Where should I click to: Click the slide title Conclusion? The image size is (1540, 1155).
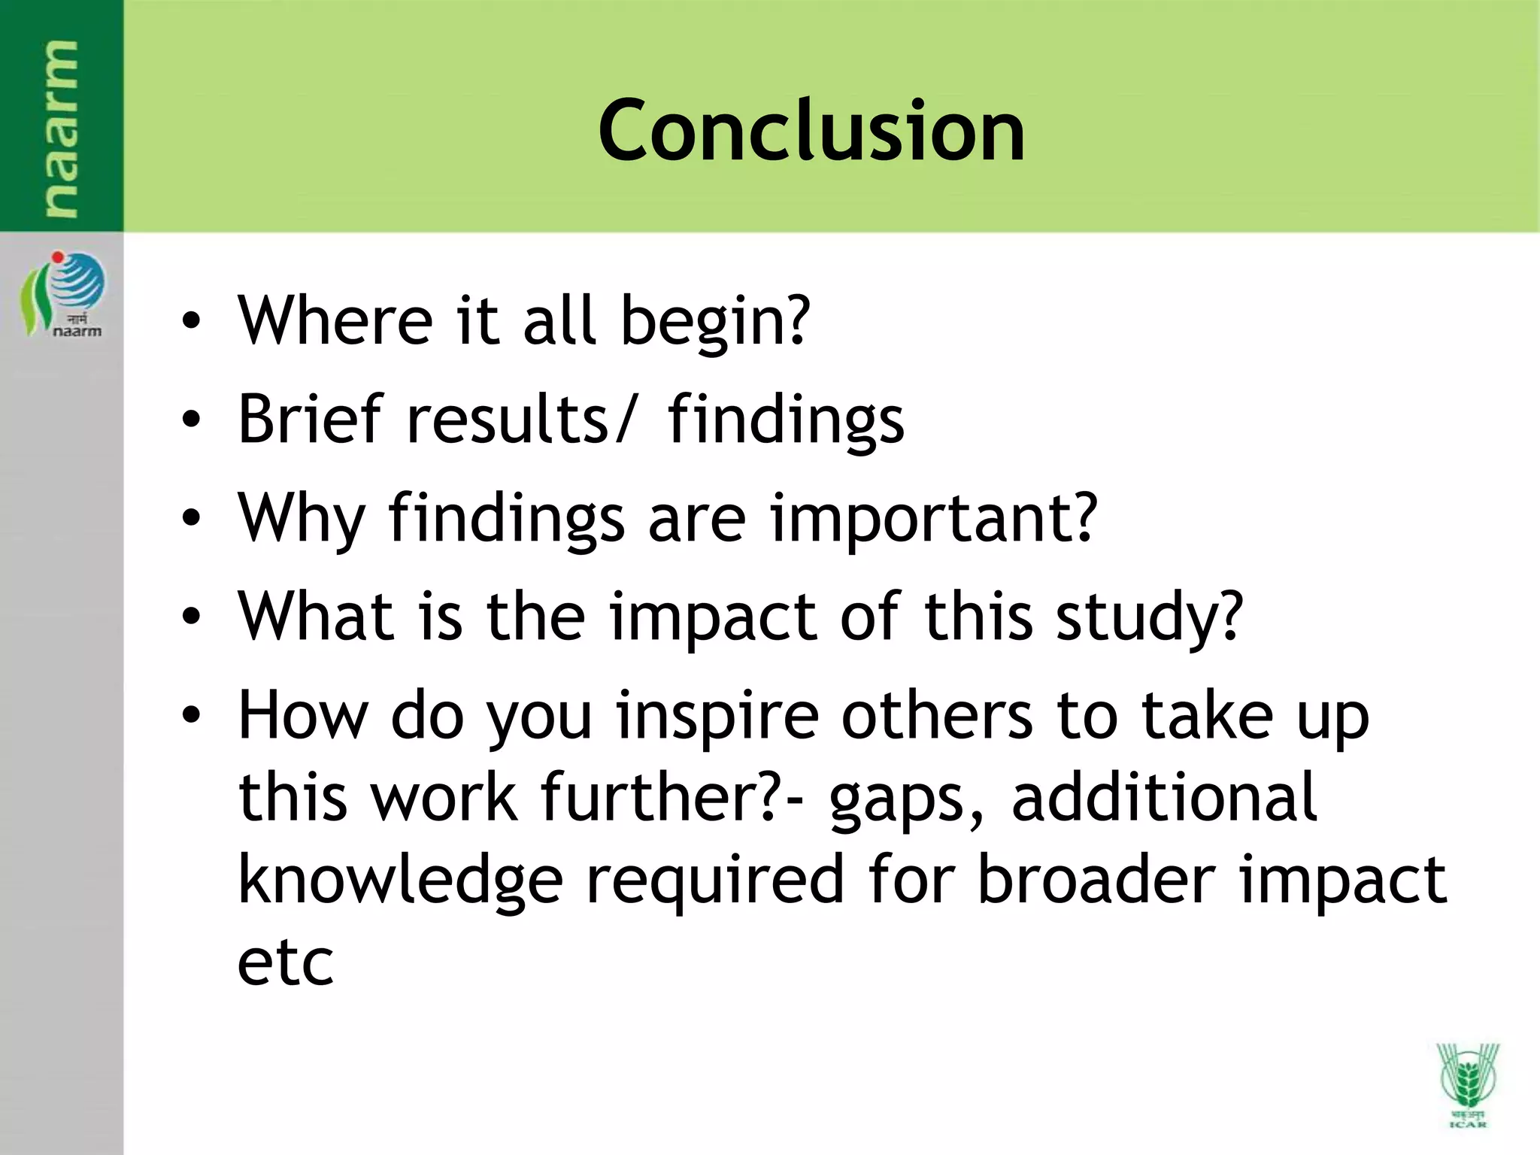tap(811, 132)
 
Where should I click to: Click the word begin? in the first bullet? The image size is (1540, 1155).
tap(715, 322)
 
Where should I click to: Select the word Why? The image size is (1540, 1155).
tap(301, 519)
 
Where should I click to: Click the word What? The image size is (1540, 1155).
tap(316, 617)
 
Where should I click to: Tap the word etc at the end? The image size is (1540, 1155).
tap(285, 962)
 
